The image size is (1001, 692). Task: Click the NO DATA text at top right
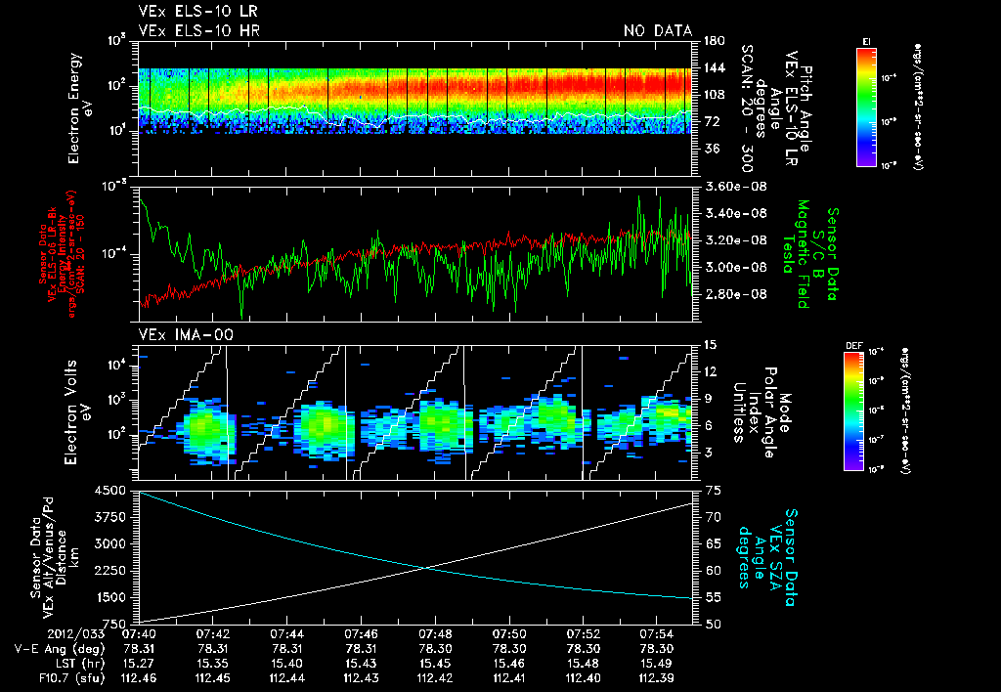(657, 31)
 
